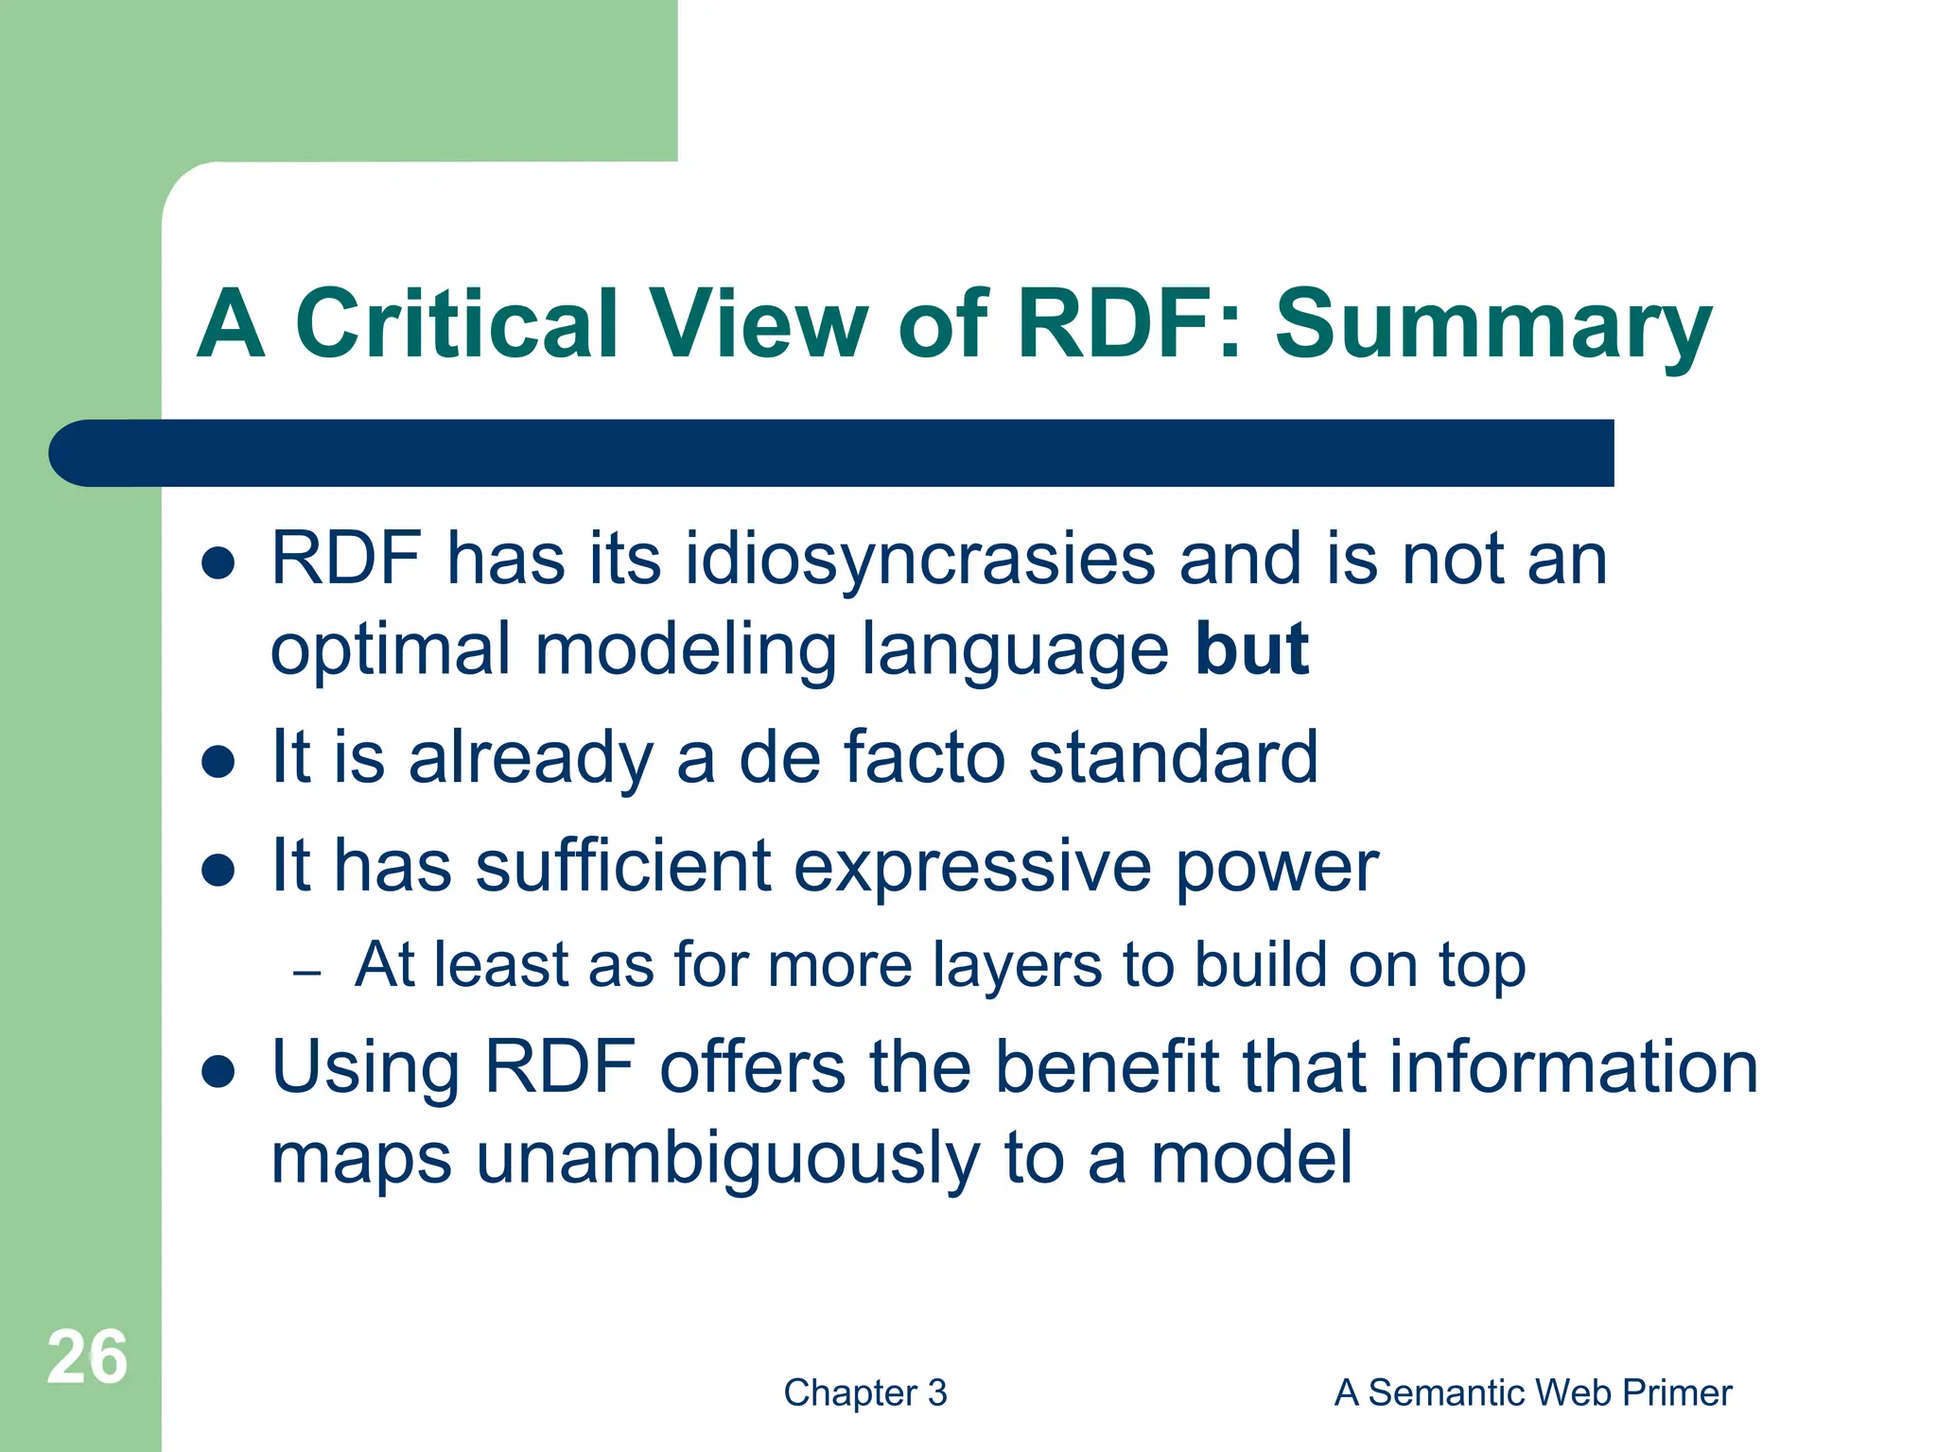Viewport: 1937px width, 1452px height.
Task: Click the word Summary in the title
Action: coord(1493,326)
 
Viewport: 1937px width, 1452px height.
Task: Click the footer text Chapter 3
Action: coord(864,1392)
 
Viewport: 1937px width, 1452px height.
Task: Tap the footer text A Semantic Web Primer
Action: coord(1532,1392)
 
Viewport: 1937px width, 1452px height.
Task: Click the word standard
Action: coord(1173,757)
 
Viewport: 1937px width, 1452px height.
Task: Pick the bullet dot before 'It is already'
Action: coord(218,761)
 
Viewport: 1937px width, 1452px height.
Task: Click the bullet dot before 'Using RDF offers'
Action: coord(218,1072)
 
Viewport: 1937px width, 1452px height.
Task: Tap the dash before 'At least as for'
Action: coord(307,973)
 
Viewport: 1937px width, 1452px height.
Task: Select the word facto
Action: coord(923,757)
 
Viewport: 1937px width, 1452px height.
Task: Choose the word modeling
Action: coord(686,650)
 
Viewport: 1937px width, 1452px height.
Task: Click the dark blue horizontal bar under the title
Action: coord(832,453)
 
